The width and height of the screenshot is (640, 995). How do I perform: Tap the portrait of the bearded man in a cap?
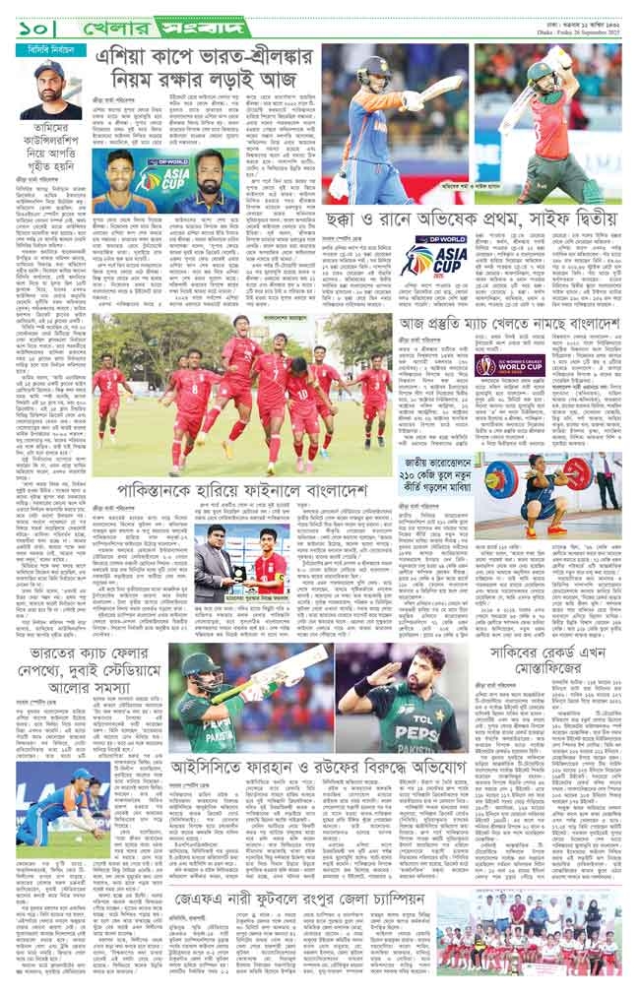pyautogui.click(x=50, y=90)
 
